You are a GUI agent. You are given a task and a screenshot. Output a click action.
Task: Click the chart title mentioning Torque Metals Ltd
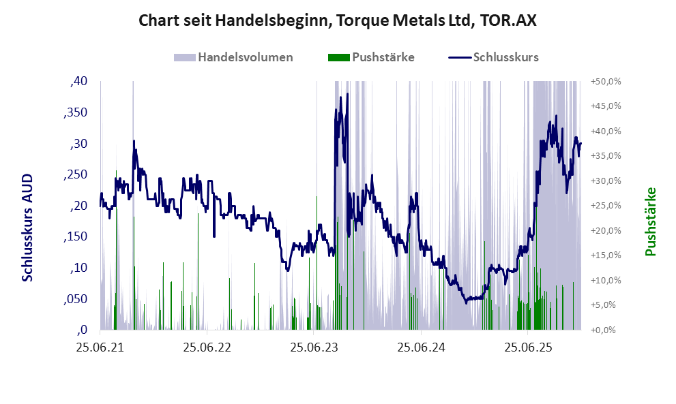tap(338, 20)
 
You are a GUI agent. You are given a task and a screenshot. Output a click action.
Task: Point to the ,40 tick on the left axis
tap(79, 82)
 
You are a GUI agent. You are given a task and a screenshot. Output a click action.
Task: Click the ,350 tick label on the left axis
tap(76, 112)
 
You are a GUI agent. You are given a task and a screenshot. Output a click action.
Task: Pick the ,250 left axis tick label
tap(76, 174)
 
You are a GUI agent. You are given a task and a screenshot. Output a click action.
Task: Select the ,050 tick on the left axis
tap(76, 299)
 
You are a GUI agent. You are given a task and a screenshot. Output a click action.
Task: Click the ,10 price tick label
tap(79, 268)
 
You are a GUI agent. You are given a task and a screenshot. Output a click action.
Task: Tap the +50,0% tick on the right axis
tap(605, 82)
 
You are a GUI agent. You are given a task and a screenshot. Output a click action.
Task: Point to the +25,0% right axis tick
tap(605, 206)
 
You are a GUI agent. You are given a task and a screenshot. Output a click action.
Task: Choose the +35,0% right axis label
tap(605, 156)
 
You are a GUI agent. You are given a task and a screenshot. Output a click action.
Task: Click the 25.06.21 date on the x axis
tap(100, 347)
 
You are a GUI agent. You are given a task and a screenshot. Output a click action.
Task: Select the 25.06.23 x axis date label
tap(314, 347)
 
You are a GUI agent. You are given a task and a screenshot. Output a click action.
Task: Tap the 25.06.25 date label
tap(528, 347)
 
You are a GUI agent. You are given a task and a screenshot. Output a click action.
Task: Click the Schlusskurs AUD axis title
tap(28, 227)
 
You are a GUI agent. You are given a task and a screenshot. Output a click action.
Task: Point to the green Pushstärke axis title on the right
tap(650, 221)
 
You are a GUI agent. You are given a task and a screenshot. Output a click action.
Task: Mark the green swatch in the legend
tap(338, 57)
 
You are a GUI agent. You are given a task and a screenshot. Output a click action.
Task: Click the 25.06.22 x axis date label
tap(207, 347)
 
